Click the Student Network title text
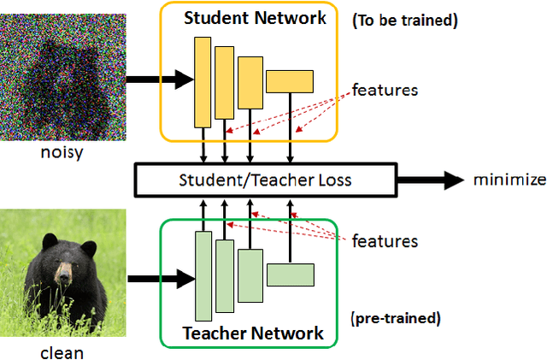click(x=255, y=18)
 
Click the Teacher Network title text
click(x=253, y=332)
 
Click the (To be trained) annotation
click(x=405, y=21)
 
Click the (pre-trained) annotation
click(x=395, y=318)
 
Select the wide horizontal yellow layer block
click(x=290, y=80)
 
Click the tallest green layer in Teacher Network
click(x=203, y=275)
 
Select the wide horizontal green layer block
click(x=290, y=274)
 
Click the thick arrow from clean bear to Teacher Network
click(x=159, y=277)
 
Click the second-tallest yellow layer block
click(x=224, y=82)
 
